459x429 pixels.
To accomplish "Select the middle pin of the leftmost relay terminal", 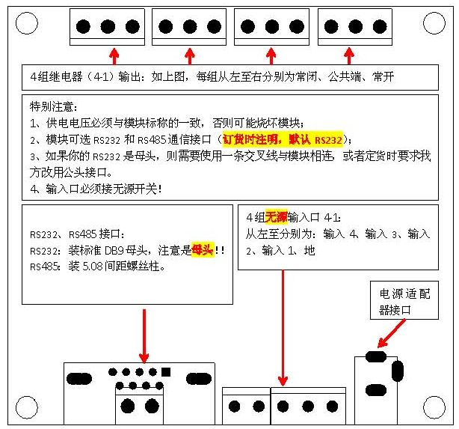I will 108,27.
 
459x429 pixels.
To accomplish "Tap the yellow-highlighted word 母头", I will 202,250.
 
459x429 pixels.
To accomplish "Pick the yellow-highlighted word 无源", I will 276,218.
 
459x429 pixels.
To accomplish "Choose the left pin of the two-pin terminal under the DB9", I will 132,407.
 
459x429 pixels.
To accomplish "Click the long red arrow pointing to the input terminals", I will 283,329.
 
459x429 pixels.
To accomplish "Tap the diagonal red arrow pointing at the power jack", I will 394,331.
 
